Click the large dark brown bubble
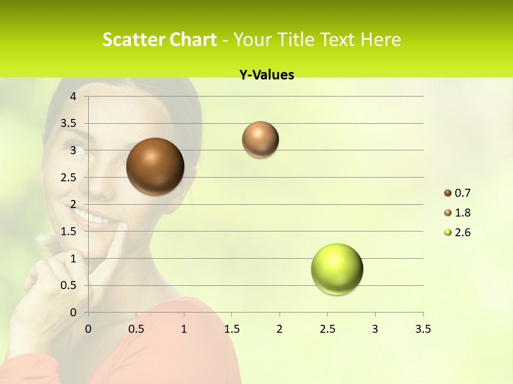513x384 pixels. [x=156, y=166]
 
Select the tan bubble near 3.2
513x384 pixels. [x=260, y=140]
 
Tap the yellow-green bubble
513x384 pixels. [x=337, y=269]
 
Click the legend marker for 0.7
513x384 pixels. [x=448, y=193]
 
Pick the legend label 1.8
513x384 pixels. [x=462, y=213]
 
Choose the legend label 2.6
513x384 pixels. [x=462, y=233]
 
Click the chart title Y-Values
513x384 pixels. [x=267, y=75]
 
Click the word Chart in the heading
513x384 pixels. [x=193, y=39]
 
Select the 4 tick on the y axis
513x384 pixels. [x=74, y=97]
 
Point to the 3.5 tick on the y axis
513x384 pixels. [x=70, y=123]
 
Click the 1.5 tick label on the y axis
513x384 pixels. [x=70, y=231]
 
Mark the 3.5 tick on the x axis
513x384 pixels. [x=423, y=329]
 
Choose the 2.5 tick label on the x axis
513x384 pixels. [x=327, y=329]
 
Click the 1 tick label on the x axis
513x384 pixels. [x=184, y=329]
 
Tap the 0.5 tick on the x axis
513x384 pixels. [x=136, y=329]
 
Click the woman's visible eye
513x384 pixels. [x=74, y=147]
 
